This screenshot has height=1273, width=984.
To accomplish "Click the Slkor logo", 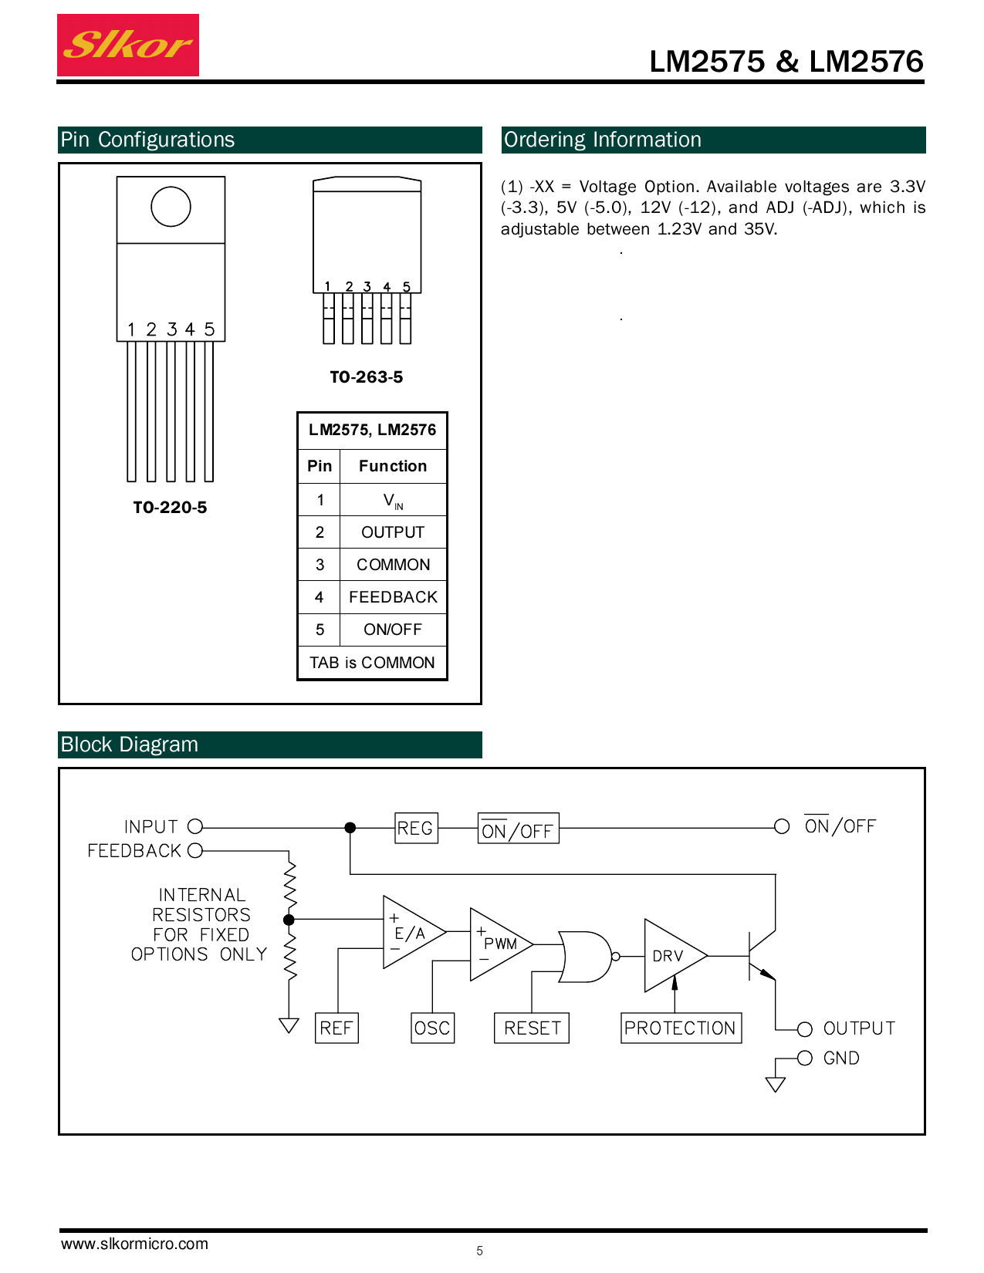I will coord(128,45).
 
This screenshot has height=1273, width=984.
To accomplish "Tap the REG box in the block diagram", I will coord(416,828).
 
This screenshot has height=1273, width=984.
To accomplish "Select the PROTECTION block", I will coord(681,1028).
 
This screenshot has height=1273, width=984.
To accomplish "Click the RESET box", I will coord(532,1028).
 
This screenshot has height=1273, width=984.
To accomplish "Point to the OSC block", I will coord(432,1028).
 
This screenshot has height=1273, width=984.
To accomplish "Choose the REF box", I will coord(336,1028).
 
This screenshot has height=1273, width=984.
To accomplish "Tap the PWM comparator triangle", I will coord(496,944).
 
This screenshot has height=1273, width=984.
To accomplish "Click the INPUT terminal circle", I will coord(195,827).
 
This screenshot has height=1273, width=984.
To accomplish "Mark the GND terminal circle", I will coord(805,1058).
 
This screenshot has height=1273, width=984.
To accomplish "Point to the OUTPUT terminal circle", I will coord(805,1029).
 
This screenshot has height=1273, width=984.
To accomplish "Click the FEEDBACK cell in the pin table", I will coord(393,597).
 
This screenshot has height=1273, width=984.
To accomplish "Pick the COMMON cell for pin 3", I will coord(393,565).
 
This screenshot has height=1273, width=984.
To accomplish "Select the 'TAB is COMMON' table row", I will coord(372,663).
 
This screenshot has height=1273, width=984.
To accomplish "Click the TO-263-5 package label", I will coord(367,377).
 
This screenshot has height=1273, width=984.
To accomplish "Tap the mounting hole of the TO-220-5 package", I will coord(171,207).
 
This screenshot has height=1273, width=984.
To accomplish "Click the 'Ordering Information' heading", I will coord(603,140).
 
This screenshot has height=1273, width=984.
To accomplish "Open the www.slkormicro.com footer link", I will coord(135,1244).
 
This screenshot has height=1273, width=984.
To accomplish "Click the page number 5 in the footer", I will coord(480,1251).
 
